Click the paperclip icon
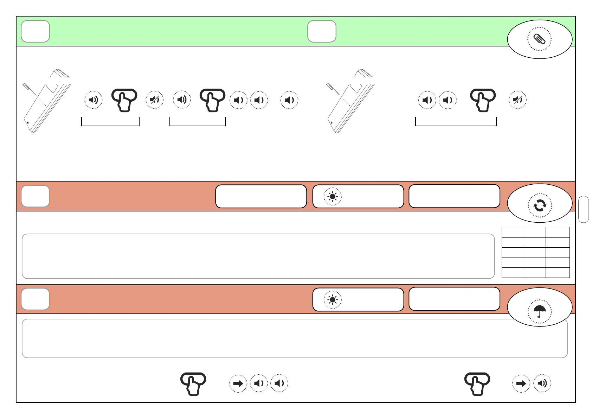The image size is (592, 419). [x=539, y=39]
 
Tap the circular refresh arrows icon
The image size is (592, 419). [x=540, y=205]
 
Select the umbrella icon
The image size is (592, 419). [x=540, y=311]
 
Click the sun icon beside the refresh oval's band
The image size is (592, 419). [x=332, y=196]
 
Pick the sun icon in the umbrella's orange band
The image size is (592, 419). [x=332, y=300]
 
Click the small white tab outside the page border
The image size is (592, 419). [x=583, y=209]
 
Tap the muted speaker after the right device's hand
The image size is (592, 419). [x=517, y=100]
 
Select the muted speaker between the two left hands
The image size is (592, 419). [x=155, y=100]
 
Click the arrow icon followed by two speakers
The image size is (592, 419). [x=238, y=383]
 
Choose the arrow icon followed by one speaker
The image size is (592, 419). [x=521, y=383]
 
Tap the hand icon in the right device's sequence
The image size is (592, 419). [x=483, y=100]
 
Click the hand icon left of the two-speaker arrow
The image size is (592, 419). [x=193, y=383]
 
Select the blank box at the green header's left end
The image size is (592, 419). [x=35, y=31]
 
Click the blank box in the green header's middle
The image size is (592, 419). [x=322, y=31]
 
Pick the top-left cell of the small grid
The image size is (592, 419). [x=513, y=232]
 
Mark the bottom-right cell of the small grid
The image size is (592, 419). [x=558, y=273]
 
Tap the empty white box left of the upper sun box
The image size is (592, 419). [x=261, y=196]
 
